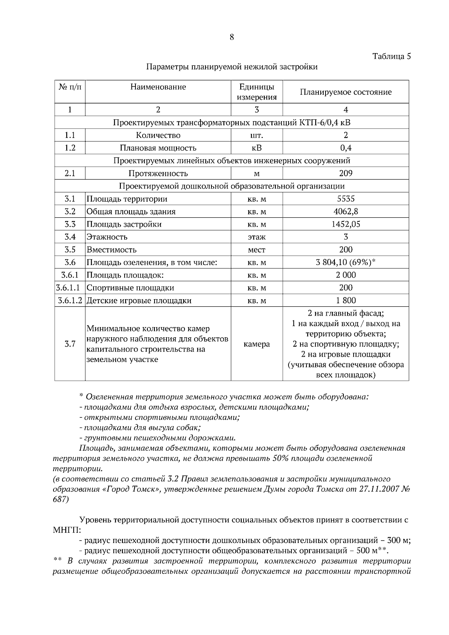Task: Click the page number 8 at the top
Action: (x=232, y=37)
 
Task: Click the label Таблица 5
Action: (x=391, y=56)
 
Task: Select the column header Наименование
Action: (x=158, y=87)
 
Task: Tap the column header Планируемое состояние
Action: (x=345, y=92)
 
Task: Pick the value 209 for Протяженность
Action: (x=345, y=173)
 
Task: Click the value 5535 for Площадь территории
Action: (x=345, y=199)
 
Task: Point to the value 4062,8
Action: (x=345, y=211)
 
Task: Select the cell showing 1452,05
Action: (x=345, y=224)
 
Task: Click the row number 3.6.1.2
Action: (x=70, y=300)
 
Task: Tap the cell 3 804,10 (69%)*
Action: (x=345, y=262)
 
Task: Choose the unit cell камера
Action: (x=257, y=344)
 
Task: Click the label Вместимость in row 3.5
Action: (x=112, y=249)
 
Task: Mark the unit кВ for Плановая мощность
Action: (x=257, y=148)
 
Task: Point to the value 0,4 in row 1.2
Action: (x=345, y=148)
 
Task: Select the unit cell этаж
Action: (x=257, y=237)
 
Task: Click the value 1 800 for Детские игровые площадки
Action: (x=345, y=300)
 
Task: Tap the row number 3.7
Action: (x=70, y=344)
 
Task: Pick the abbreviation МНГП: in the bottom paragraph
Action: (x=67, y=530)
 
